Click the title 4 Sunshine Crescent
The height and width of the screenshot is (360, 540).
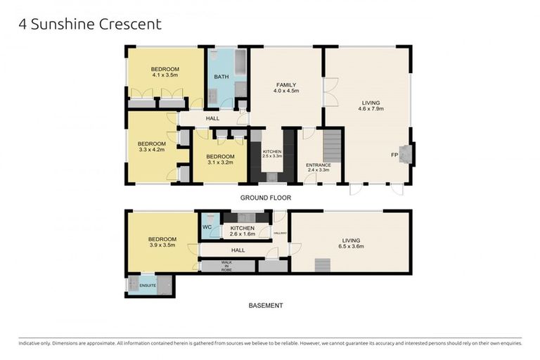(89, 24)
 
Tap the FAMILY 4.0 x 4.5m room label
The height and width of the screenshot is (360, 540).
(286, 88)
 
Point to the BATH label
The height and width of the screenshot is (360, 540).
(221, 77)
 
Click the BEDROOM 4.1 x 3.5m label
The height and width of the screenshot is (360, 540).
(165, 71)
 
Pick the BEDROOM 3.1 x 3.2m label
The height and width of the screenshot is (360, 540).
(220, 159)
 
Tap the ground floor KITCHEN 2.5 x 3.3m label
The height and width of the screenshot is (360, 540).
(272, 154)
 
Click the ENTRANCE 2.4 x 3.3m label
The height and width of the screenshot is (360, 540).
(318, 167)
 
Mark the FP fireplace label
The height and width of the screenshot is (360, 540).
(394, 155)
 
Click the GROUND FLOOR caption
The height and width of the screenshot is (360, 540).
(266, 198)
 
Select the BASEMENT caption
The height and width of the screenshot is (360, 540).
(266, 306)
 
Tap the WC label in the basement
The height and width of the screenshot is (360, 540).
(207, 227)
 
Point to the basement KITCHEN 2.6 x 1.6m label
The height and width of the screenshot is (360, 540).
(242, 231)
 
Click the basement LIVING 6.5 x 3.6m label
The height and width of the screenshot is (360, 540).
(351, 243)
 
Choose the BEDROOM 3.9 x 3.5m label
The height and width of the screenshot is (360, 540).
(162, 243)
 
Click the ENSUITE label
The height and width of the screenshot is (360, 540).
(147, 285)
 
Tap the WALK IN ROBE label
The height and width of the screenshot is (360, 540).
(226, 265)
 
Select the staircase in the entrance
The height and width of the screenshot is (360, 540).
(330, 146)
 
